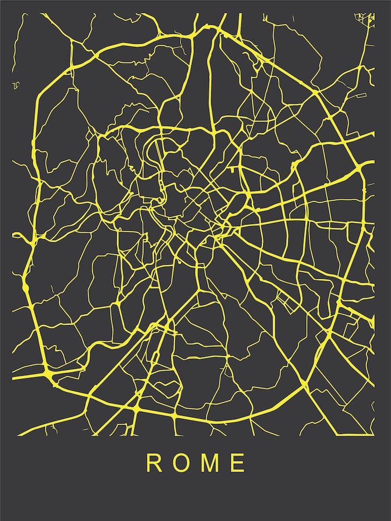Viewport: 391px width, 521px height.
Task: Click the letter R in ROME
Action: click(x=153, y=463)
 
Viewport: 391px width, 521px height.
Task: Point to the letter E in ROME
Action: click(x=238, y=463)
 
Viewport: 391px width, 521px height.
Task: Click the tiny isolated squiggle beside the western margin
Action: click(x=16, y=84)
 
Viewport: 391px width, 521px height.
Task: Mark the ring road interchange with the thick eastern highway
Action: click(x=361, y=168)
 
